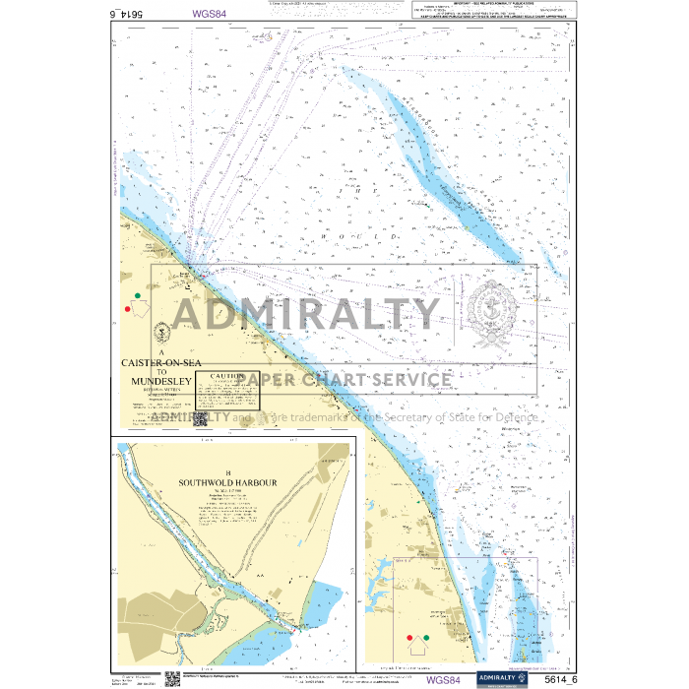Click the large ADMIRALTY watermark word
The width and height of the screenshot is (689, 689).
point(306,314)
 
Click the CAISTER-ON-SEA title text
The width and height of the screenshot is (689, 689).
point(161,363)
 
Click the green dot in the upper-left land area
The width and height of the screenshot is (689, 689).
point(138,294)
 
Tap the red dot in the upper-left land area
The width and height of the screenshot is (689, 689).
point(127,309)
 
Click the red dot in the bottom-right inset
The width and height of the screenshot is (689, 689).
point(410,639)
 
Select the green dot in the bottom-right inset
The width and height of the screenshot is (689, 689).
point(427,639)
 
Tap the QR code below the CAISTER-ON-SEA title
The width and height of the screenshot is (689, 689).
point(201,418)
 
